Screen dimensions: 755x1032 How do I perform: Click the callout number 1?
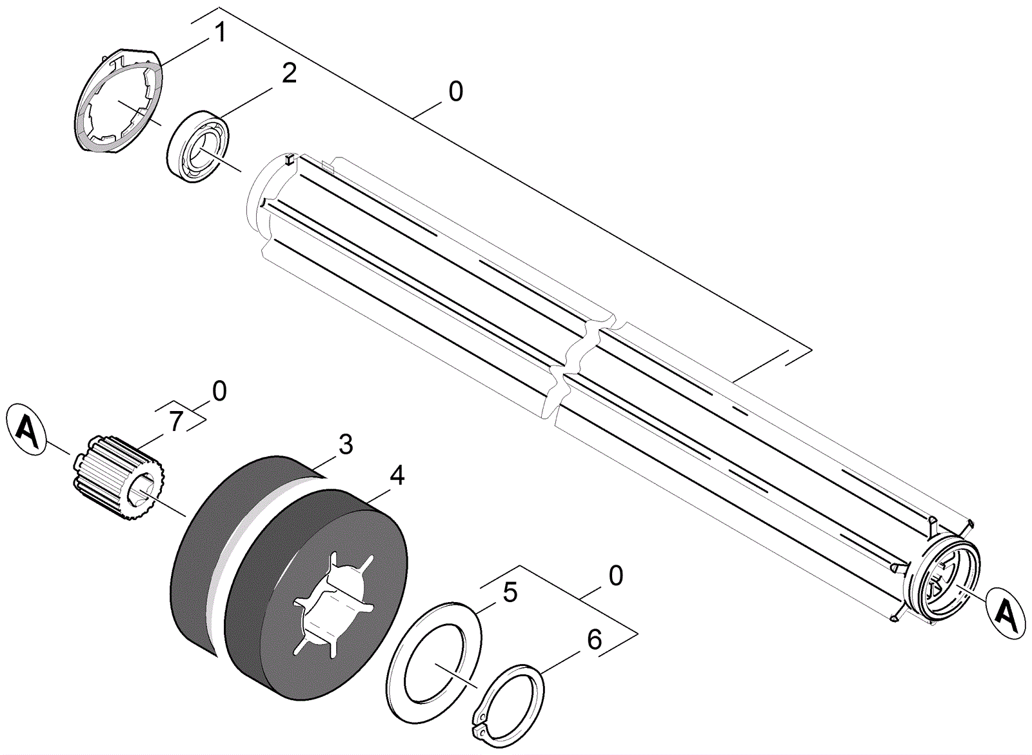coord(221,32)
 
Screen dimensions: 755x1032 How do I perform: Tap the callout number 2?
coord(289,74)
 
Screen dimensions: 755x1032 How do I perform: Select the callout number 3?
coord(346,445)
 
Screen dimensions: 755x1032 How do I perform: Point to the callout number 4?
coord(397,476)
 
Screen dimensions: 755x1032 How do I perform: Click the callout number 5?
coord(510,592)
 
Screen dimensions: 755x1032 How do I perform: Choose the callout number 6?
coord(593,639)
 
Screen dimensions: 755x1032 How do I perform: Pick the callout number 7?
coord(176,421)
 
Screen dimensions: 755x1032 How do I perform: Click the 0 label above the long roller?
coord(455,92)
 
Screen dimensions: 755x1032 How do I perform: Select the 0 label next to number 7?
coord(219,391)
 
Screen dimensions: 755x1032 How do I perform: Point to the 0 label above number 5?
coord(616,576)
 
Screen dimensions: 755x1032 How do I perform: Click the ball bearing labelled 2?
coord(199,146)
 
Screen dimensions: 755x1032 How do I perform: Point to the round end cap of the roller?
coord(945,578)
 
